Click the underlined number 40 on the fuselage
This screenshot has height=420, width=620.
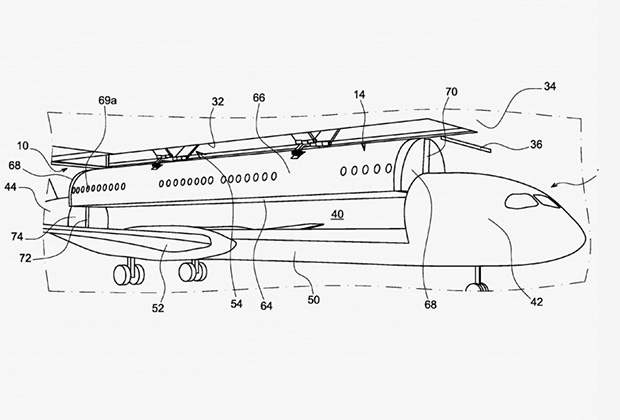tap(337, 213)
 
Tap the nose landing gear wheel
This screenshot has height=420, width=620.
tap(478, 290)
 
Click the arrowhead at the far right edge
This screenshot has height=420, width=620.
tap(566, 186)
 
